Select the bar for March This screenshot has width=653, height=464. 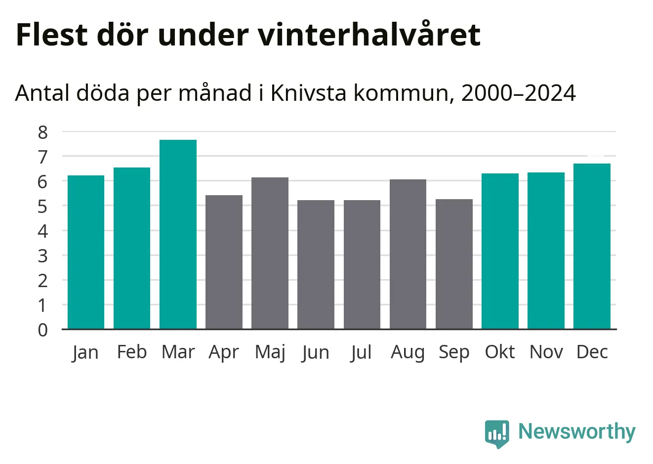(178, 234)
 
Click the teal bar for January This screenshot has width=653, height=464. (86, 252)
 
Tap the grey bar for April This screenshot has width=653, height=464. (224, 262)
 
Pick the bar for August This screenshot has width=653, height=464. (408, 254)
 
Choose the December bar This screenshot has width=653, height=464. (592, 246)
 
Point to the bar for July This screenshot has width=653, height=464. (362, 264)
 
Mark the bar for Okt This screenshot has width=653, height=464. (500, 251)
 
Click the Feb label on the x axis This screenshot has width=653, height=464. (132, 352)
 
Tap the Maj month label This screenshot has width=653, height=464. (270, 352)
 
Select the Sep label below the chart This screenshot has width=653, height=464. (454, 352)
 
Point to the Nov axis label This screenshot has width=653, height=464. (546, 352)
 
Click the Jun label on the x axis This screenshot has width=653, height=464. (316, 352)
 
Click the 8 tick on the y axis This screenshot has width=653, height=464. (43, 132)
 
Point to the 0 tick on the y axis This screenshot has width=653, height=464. (43, 330)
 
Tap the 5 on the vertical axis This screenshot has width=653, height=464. (43, 206)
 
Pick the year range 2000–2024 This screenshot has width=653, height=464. (518, 93)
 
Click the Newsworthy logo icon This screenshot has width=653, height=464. (496, 433)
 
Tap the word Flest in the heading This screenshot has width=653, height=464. (51, 35)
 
